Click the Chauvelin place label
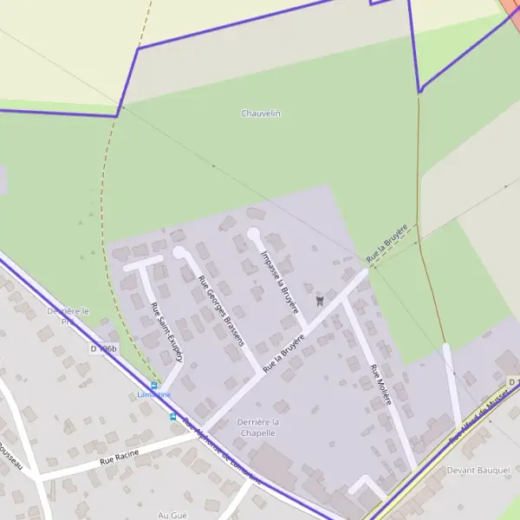tap(260, 114)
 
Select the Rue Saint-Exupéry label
tap(167, 333)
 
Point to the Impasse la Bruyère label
tap(279, 282)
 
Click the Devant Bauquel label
tap(478, 470)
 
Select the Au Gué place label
tap(173, 515)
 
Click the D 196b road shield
tap(102, 348)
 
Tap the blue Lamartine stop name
tap(154, 394)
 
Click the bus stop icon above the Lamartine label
tap(154, 385)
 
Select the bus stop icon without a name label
tap(172, 416)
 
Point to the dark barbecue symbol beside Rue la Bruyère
tap(320, 301)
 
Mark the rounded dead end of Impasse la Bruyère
tap(253, 233)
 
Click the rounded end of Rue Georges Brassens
tap(179, 252)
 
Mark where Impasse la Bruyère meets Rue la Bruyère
tap(305, 331)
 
